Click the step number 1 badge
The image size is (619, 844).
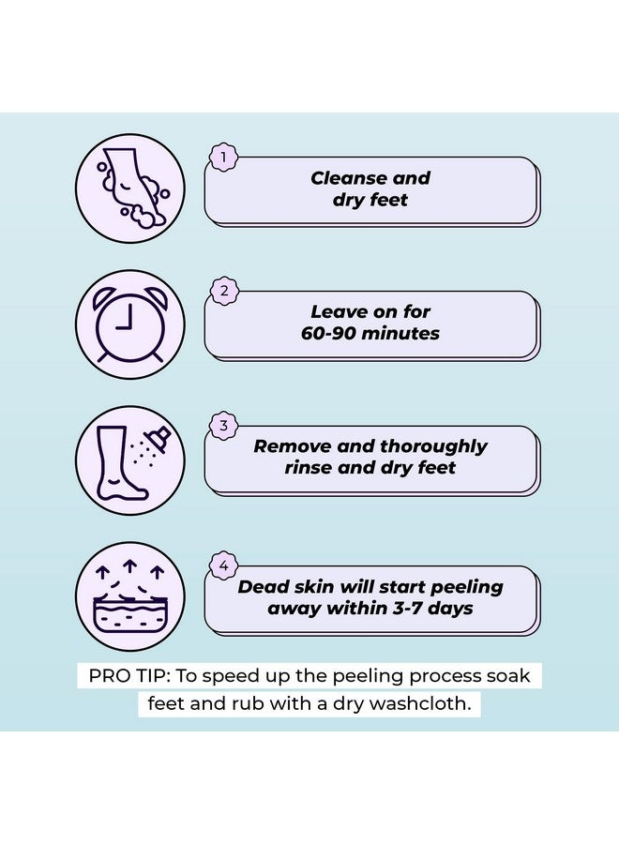[222, 158]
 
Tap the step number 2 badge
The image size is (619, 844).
[222, 292]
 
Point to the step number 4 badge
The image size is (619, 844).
[222, 565]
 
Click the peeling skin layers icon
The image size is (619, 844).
[129, 597]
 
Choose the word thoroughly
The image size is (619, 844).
[432, 446]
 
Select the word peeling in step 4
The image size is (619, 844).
[460, 587]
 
